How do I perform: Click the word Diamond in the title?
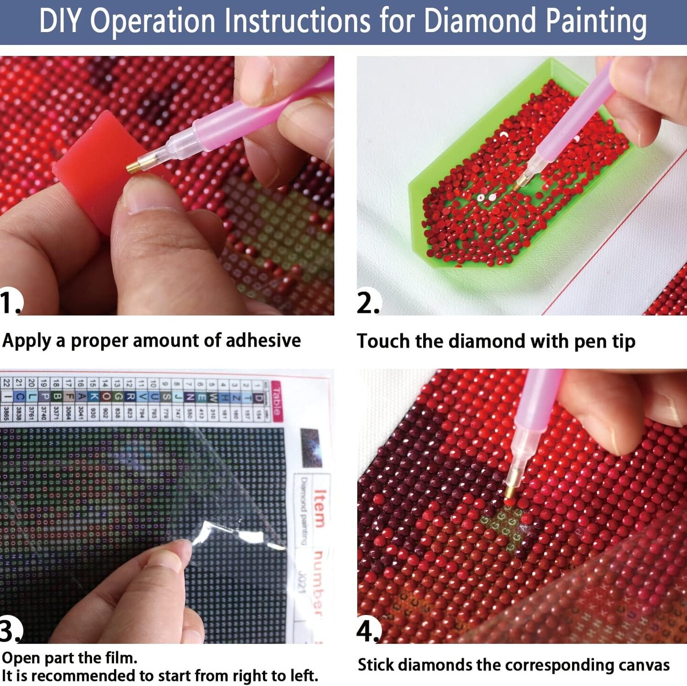(480, 21)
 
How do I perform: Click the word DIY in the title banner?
(61, 21)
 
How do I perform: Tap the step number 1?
(10, 302)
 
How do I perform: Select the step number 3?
(10, 631)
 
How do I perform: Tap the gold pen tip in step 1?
(133, 166)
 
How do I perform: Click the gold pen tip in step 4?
(510, 492)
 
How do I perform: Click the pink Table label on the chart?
(277, 401)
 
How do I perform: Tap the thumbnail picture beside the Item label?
(311, 447)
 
